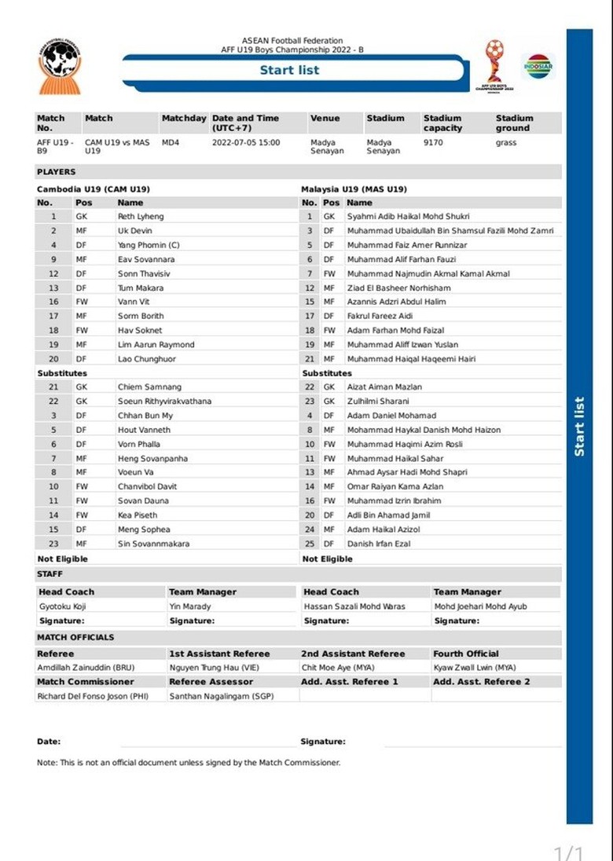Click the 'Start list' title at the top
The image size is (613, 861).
290,70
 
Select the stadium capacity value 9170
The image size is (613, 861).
433,143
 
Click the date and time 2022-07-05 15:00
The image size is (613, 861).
246,143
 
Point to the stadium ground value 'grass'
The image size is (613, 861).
506,143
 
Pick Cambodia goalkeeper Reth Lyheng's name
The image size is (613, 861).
141,216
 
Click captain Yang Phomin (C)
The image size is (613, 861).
149,245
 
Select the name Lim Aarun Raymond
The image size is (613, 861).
156,345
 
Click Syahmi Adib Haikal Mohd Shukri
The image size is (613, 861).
408,216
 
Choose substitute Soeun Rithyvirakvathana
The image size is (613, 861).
164,401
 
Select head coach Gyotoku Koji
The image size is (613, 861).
66,606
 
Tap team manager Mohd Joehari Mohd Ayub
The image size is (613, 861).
480,606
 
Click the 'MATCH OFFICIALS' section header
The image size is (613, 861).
75,637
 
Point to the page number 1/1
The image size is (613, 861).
569,852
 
